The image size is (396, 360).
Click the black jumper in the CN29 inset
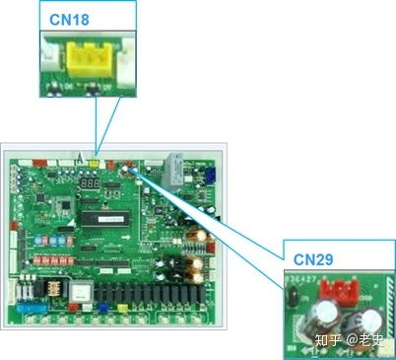pos(292,293)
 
